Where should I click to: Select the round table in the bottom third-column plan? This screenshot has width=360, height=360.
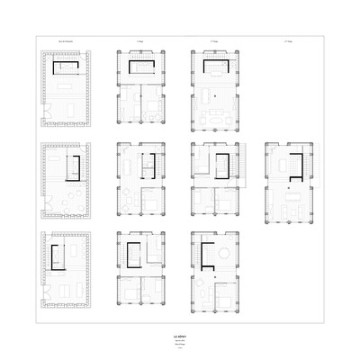pos(216,256)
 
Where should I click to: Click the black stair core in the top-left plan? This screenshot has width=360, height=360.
pos(65,69)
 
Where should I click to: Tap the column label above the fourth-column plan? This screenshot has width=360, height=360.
pos(290,41)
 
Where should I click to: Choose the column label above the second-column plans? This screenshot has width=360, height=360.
pos(140,41)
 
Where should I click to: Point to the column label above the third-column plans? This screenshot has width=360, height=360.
pos(214,41)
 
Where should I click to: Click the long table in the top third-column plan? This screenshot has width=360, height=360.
pos(216,120)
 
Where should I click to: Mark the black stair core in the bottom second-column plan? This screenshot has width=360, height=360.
pos(135,255)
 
